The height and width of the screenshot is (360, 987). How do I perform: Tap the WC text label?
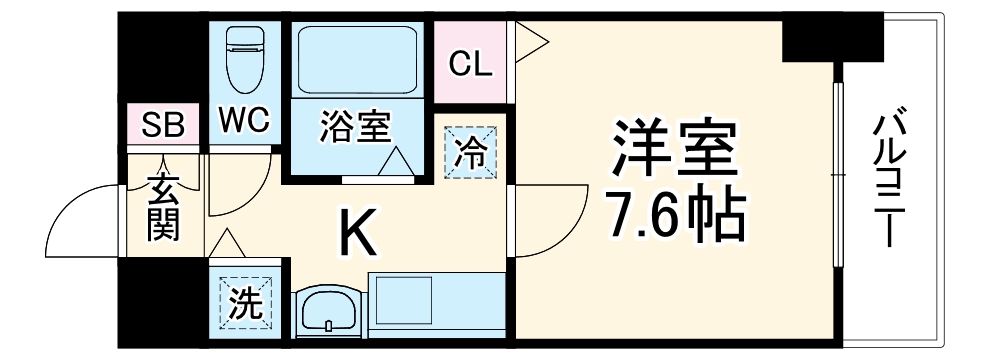244,121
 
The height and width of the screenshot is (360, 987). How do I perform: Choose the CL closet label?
469,64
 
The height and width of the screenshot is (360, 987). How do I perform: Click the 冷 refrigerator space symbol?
469,155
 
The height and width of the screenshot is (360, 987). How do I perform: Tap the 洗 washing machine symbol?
244,303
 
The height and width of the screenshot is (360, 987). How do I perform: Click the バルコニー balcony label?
889,180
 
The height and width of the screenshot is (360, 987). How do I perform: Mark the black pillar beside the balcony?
832,37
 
